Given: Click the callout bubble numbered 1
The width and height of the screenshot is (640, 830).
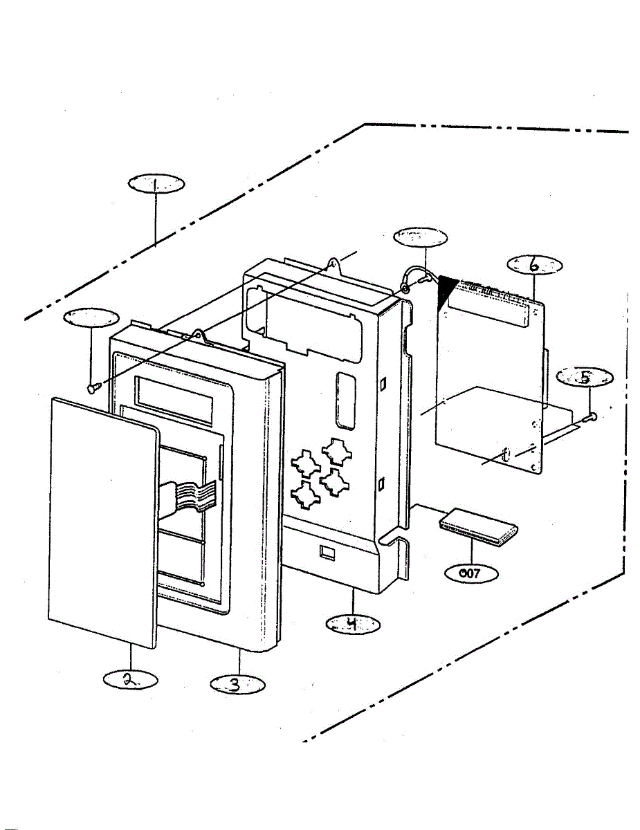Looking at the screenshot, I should click(156, 185).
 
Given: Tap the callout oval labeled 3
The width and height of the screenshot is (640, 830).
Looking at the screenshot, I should click(237, 684).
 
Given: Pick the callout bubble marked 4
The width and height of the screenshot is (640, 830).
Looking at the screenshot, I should click(353, 625).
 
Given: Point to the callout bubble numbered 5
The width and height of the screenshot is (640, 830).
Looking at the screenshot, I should click(585, 378).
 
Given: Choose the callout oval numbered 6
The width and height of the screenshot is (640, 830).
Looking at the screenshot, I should click(534, 265).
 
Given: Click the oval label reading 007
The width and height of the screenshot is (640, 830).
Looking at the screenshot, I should click(470, 573).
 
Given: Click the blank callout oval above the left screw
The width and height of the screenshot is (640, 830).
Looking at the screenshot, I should click(91, 318).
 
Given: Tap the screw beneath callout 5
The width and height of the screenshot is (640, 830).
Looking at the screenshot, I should click(590, 416).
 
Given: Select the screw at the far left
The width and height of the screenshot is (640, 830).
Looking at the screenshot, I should click(91, 389).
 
